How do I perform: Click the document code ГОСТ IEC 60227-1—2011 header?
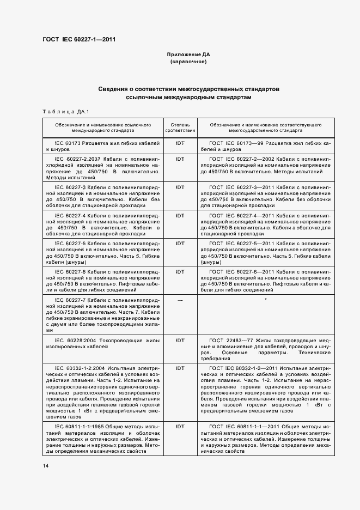(x=78, y=39)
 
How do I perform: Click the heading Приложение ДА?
(x=188, y=55)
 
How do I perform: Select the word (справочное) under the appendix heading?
(x=188, y=62)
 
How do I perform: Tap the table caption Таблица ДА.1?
(x=61, y=112)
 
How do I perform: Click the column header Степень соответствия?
(x=180, y=128)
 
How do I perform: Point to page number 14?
(x=45, y=465)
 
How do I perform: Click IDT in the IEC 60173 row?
(x=180, y=143)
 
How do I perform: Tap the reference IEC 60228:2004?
(x=74, y=339)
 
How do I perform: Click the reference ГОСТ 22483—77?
(x=231, y=339)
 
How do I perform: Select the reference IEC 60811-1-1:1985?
(x=81, y=427)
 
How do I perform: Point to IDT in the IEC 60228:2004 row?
(x=180, y=339)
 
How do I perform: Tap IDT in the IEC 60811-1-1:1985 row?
(x=180, y=427)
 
